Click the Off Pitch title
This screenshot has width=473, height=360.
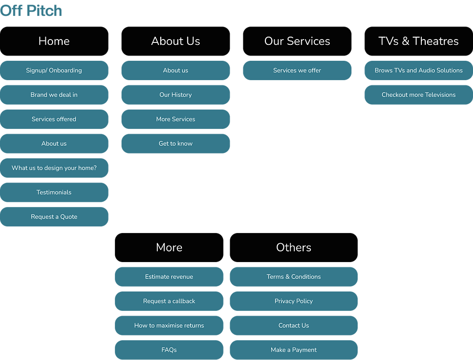tap(31, 11)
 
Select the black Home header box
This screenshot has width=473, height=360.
tap(54, 41)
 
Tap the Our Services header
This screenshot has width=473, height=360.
tap(297, 41)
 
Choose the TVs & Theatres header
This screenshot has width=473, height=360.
tap(419, 41)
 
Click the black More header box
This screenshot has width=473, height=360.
tap(169, 247)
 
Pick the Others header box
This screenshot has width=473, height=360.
tap(293, 247)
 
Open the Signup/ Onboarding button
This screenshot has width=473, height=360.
tap(54, 70)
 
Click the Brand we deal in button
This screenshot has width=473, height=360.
tap(54, 95)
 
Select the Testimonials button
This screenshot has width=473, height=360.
tap(54, 193)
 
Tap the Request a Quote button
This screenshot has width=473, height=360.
tap(54, 217)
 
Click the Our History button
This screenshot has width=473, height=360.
tap(176, 95)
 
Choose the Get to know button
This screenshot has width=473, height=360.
tap(176, 143)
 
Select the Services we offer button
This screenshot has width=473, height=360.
tap(297, 70)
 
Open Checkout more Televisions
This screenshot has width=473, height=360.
tap(419, 95)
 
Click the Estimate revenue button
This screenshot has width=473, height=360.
tap(169, 277)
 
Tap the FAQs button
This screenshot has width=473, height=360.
tap(169, 350)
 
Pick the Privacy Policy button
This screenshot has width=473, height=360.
tap(293, 301)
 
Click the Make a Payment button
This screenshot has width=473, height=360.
tap(293, 350)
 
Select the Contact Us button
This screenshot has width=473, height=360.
tap(293, 326)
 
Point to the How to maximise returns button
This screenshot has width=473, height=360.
tap(169, 326)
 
